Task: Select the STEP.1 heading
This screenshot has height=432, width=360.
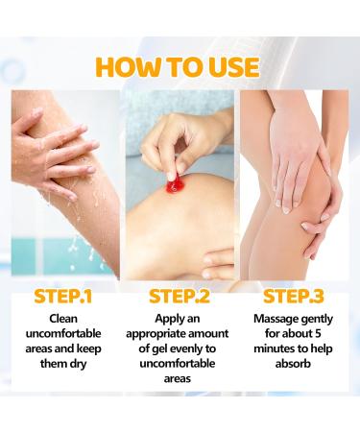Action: (x=63, y=297)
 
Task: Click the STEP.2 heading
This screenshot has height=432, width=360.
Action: (x=180, y=297)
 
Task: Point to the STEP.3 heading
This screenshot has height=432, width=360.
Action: (x=294, y=297)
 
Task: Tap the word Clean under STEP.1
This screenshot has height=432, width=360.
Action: (x=63, y=319)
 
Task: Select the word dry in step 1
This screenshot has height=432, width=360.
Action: (x=78, y=364)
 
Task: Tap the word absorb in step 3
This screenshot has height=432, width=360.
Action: (x=293, y=364)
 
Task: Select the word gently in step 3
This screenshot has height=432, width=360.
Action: (x=316, y=320)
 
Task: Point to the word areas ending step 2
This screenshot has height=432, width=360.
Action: (x=178, y=379)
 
